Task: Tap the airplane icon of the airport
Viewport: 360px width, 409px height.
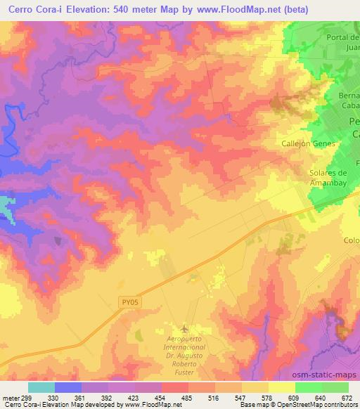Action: pos(184,329)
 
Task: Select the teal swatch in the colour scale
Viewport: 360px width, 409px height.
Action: pos(41,387)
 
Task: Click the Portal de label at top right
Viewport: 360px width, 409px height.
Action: pos(343,37)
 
